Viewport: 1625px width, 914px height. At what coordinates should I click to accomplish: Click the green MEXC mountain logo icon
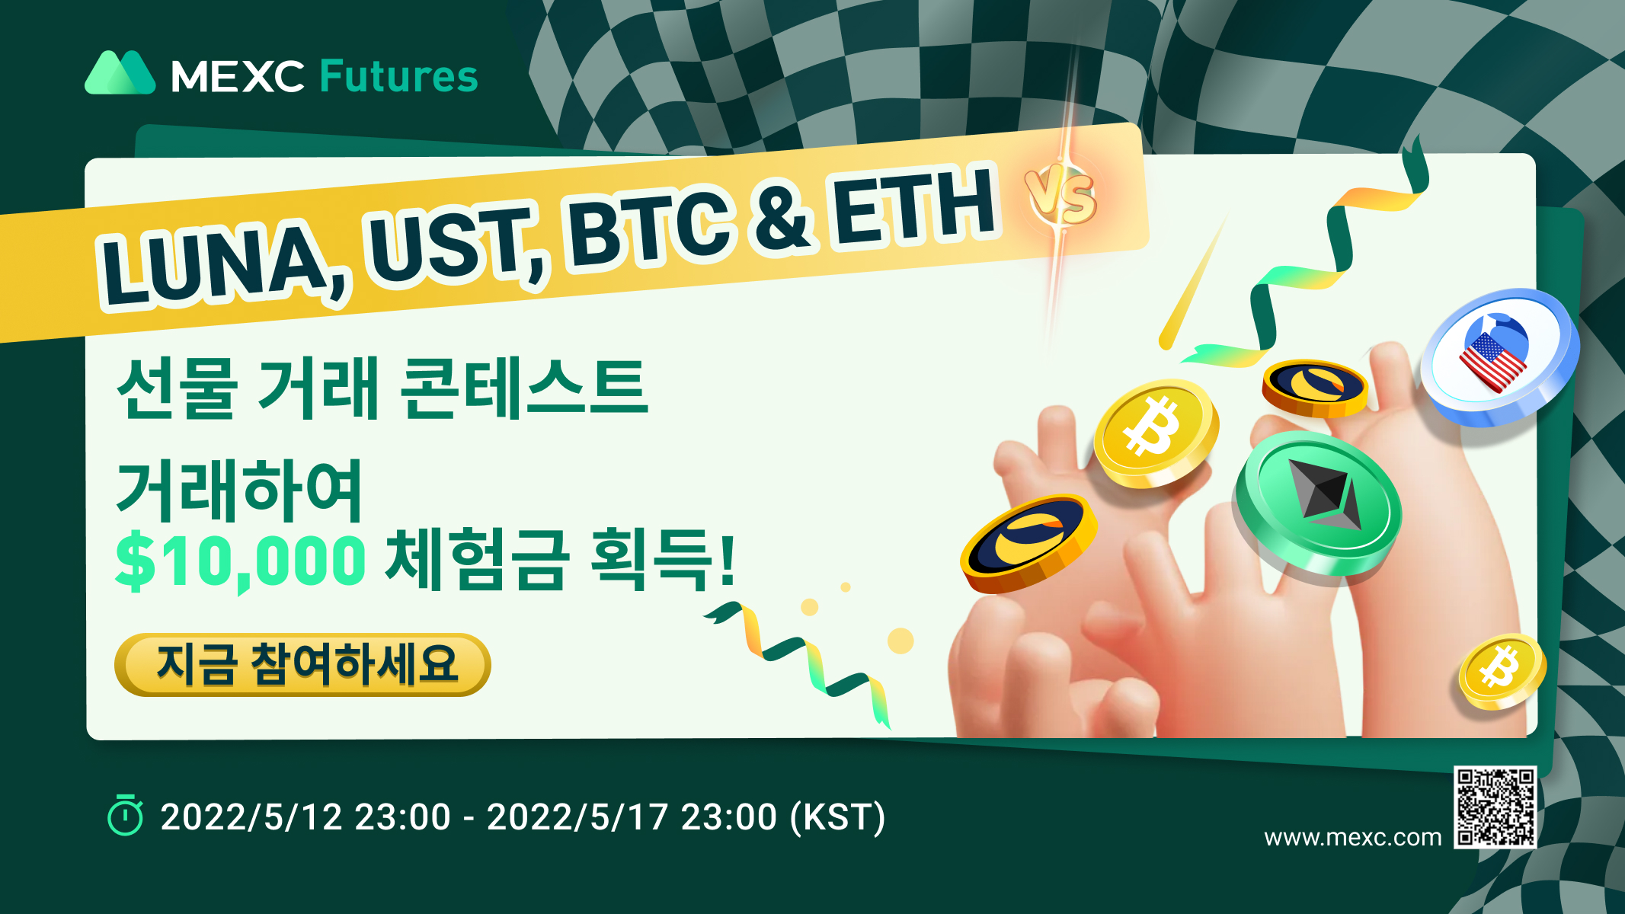[x=120, y=73]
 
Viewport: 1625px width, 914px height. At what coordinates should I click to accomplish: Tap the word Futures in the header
[x=398, y=76]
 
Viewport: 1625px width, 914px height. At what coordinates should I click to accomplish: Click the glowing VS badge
[x=1061, y=197]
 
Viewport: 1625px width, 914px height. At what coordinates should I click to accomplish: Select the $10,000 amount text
[x=241, y=561]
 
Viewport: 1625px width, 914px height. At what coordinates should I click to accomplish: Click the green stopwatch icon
[x=125, y=816]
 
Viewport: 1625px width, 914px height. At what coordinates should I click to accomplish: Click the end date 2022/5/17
[x=577, y=817]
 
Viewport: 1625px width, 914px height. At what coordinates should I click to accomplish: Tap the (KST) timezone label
[x=837, y=817]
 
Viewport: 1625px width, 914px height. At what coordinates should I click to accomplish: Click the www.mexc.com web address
[x=1352, y=838]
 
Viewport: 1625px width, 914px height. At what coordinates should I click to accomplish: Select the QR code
[x=1495, y=807]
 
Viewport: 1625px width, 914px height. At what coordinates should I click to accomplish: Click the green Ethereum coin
[x=1319, y=502]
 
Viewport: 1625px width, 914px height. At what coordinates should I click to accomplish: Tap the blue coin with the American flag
[x=1499, y=356]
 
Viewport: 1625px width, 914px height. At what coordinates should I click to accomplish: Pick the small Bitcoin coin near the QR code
[x=1502, y=671]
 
